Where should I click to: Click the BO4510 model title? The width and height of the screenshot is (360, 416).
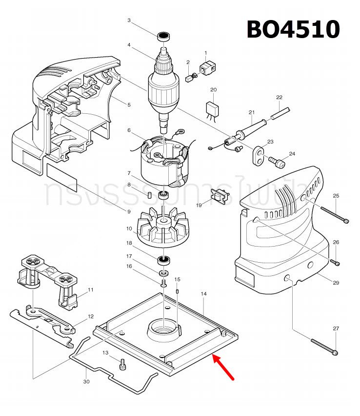point(293,29)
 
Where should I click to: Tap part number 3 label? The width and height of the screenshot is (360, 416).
point(129,21)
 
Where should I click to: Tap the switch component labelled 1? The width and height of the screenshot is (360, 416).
point(209,67)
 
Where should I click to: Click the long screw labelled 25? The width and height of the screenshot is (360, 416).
point(335,214)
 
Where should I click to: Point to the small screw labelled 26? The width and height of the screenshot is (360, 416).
point(335,262)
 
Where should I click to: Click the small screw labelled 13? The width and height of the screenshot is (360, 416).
point(123,364)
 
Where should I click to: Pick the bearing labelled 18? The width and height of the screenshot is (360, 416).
point(164,259)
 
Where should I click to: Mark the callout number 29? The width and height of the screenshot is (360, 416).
point(336,283)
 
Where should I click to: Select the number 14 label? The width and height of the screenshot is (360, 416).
point(204,294)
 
